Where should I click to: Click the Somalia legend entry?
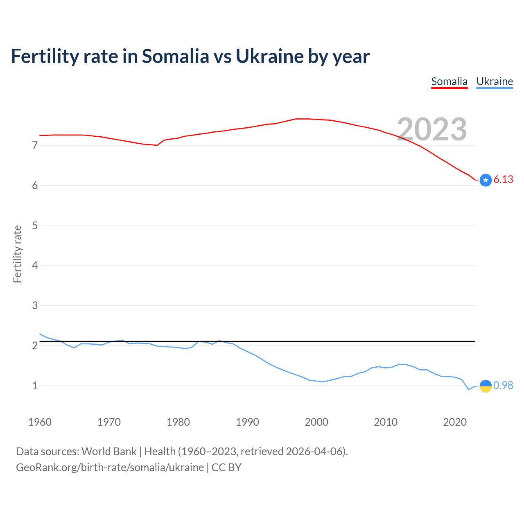pyautogui.click(x=449, y=81)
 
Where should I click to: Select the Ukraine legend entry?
pyautogui.click(x=495, y=81)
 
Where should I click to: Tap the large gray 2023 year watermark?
pyautogui.click(x=432, y=129)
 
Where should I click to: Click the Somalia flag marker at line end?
pyautogui.click(x=486, y=180)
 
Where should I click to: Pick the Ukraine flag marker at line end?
pyautogui.click(x=486, y=386)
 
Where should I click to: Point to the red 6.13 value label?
pyautogui.click(x=503, y=180)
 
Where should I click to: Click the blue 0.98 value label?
pyautogui.click(x=503, y=386)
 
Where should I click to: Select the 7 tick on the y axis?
pyautogui.click(x=35, y=146)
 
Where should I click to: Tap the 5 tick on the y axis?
pyautogui.click(x=35, y=226)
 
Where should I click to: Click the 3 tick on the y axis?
pyautogui.click(x=35, y=306)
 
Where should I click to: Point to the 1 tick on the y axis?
pyautogui.click(x=35, y=386)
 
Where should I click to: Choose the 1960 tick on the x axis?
pyautogui.click(x=40, y=422)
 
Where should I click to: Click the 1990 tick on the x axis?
pyautogui.click(x=247, y=422)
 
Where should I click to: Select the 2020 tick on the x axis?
pyautogui.click(x=455, y=422)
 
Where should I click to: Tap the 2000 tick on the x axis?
pyautogui.click(x=316, y=422)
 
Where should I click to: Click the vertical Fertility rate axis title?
pyautogui.click(x=17, y=254)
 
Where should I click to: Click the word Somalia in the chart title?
pyautogui.click(x=175, y=56)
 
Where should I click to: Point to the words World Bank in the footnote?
pyautogui.click(x=109, y=452)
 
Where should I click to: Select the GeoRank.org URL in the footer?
pyautogui.click(x=110, y=468)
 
